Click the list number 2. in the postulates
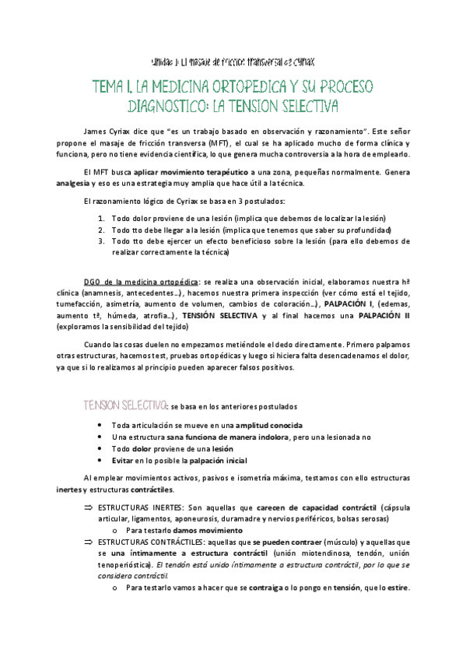102,230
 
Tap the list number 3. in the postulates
102,241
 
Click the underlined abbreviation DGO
93,279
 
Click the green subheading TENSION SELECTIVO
124,405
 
